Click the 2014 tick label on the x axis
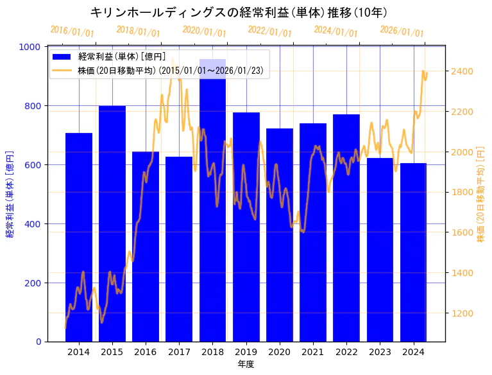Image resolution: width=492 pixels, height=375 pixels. (79, 352)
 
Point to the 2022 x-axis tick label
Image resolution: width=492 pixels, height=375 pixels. (346, 352)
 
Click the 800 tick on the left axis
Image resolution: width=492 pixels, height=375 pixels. (35, 106)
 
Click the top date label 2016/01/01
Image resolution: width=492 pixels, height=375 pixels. (72, 31)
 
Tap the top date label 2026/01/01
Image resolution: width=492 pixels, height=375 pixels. (402, 31)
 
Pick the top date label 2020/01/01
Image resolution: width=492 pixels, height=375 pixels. (204, 31)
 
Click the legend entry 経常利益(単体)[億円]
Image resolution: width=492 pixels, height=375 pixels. (122, 57)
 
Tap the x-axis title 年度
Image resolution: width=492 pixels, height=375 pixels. (246, 364)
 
